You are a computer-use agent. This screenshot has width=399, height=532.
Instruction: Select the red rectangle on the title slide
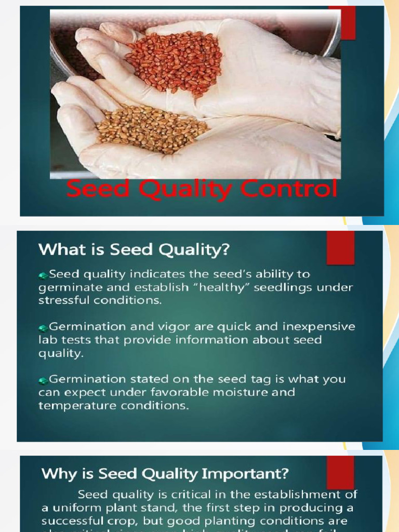(342, 23)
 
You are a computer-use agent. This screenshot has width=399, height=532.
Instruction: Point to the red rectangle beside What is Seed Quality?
(340, 248)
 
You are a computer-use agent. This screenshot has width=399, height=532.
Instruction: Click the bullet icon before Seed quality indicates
(43, 274)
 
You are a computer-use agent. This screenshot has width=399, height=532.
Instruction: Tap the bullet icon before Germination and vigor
(43, 327)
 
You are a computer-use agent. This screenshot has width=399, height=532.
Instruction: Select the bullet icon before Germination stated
(43, 380)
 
